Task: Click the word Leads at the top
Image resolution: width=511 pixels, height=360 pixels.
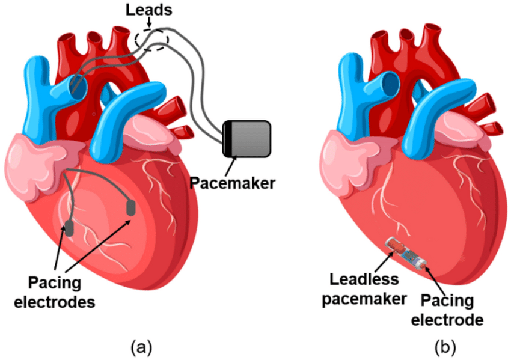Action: point(149,10)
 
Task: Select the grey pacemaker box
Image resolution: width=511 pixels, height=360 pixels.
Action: point(246,139)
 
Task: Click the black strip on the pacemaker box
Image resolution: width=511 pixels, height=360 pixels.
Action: point(227,139)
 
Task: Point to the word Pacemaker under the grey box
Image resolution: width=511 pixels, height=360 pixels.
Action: point(233,183)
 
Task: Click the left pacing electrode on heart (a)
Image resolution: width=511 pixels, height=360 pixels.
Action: point(69,228)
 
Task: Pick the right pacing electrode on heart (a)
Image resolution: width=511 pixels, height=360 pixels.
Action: point(130,208)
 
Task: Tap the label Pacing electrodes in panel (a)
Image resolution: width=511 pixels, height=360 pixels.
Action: point(55,292)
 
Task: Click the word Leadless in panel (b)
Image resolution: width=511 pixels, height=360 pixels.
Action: point(364,279)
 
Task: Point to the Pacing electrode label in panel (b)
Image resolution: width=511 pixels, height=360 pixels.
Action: point(447,310)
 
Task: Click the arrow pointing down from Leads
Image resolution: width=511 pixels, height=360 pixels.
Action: point(149,22)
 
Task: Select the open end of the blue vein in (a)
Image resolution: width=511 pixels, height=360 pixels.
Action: point(78,85)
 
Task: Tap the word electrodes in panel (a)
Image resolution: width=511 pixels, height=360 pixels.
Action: point(55,302)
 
